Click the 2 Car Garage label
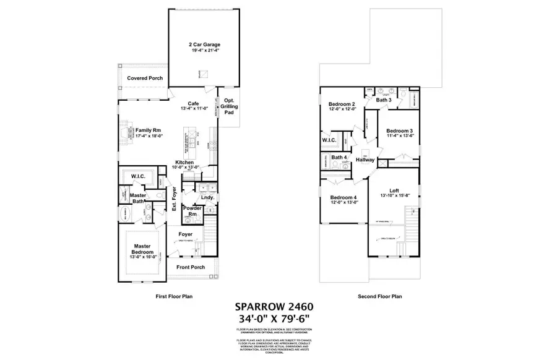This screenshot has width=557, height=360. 204,45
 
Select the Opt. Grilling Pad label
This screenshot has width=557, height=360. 228,107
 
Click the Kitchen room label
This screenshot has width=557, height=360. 185,163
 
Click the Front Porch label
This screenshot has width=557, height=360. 190,267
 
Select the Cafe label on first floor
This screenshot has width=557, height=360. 193,104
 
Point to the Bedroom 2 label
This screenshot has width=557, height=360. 342,104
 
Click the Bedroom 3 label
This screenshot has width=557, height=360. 399,131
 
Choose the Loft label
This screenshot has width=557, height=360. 394,191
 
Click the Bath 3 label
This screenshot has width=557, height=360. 384,100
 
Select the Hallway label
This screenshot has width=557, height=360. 365,160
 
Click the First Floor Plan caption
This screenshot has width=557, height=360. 175,297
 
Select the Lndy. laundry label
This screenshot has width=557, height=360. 207,197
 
